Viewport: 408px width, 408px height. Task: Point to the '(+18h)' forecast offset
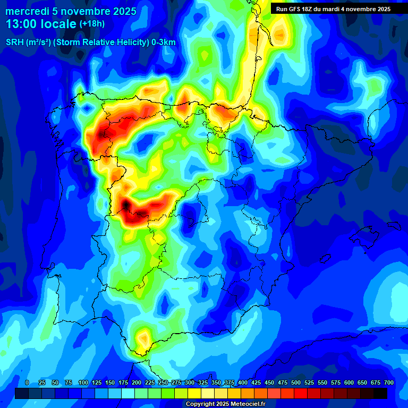pyautogui.click(x=92, y=24)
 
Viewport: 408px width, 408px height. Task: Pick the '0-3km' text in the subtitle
pyautogui.click(x=163, y=42)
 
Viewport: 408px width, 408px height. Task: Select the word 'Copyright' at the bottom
pyautogui.click(x=201, y=404)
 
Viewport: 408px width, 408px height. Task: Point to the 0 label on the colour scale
pyautogui.click(x=27, y=382)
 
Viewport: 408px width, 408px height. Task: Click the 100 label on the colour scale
pyautogui.click(x=83, y=382)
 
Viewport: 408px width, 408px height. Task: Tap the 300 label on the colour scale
pyautogui.click(x=190, y=382)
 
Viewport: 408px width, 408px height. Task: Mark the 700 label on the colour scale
pyautogui.click(x=389, y=382)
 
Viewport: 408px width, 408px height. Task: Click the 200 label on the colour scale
pyautogui.click(x=137, y=382)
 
